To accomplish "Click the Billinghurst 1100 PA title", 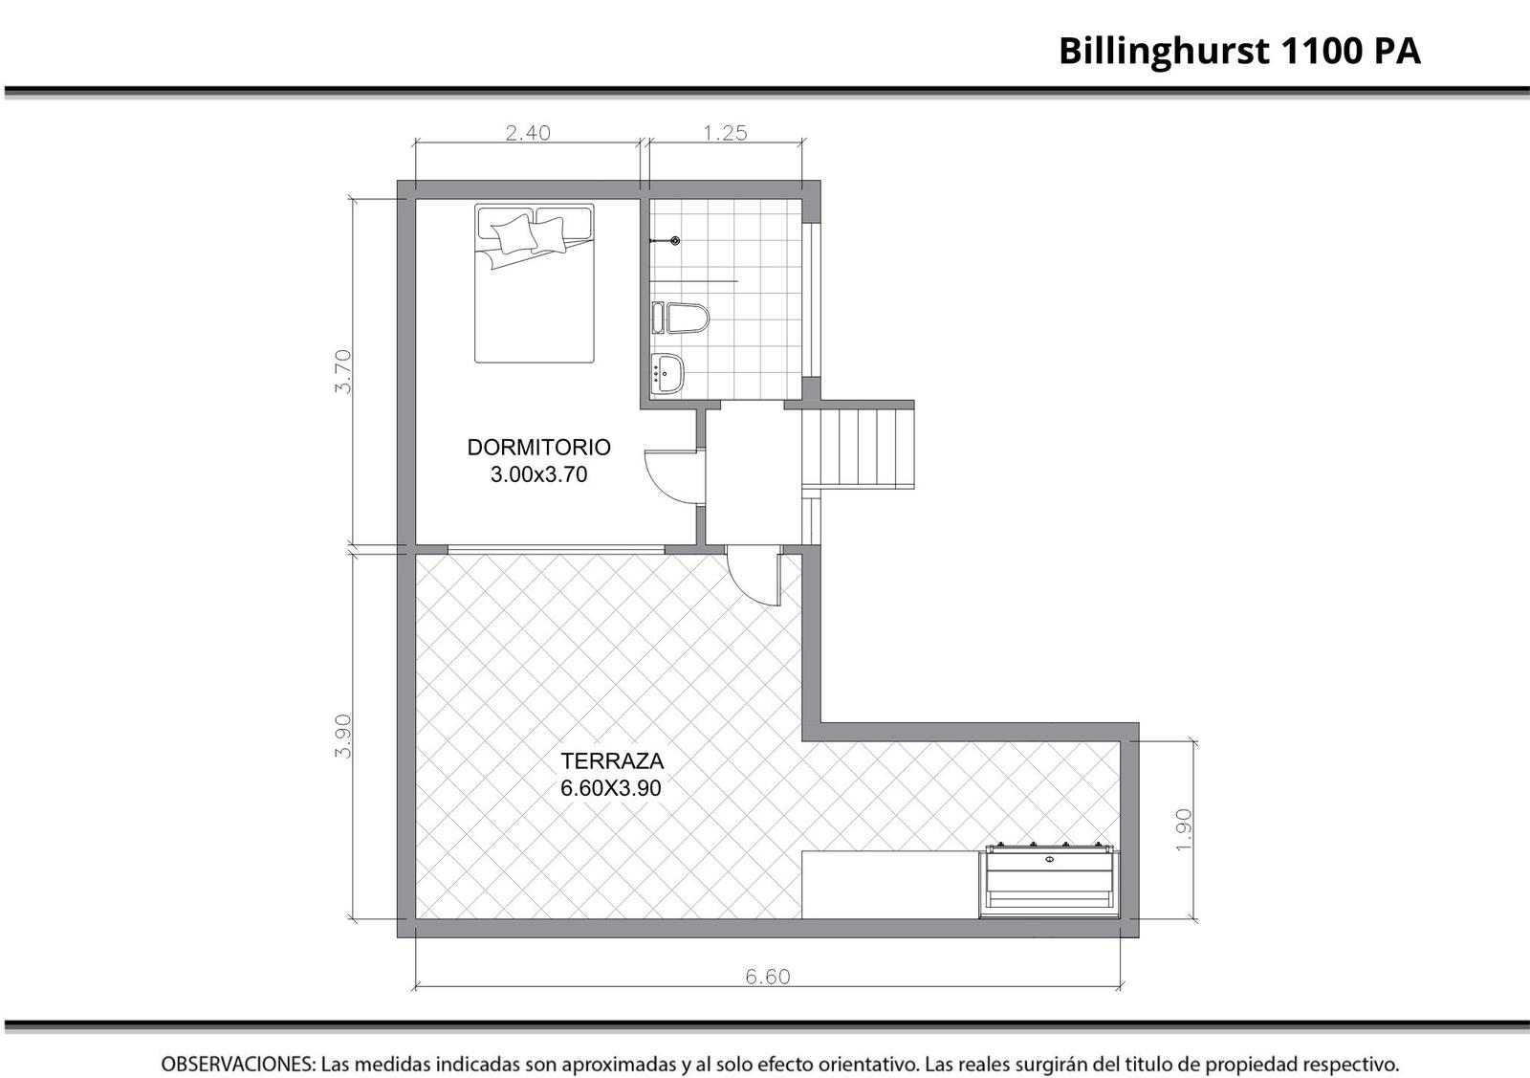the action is [x=1239, y=52].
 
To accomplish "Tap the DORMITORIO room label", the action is [x=539, y=448].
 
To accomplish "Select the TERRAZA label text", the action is [x=612, y=760].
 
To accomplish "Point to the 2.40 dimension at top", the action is [x=528, y=133].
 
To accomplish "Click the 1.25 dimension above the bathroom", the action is [x=726, y=133].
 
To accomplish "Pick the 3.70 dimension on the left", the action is [x=343, y=372].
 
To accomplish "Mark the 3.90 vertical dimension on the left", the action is [x=343, y=736].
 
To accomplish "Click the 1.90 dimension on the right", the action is [x=1184, y=830].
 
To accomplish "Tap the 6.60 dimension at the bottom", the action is [x=768, y=977].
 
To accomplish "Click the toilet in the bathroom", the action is [x=681, y=318].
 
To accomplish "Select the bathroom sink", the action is [x=668, y=373].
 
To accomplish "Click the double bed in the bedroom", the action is [x=535, y=283].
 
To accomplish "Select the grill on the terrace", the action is [x=1049, y=881].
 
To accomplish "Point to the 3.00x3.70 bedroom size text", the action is [x=539, y=474].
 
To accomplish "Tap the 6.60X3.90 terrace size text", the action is [x=611, y=788].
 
